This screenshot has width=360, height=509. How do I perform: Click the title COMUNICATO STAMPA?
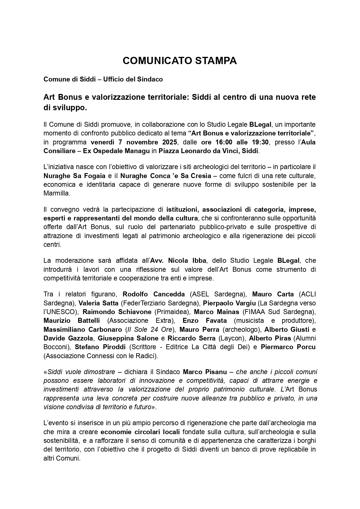point(180,61)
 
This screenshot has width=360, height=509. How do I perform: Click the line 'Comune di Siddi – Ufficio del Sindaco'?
point(103,79)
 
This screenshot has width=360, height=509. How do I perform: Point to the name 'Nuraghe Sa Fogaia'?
point(74,176)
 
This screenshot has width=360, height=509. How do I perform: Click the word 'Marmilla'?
point(57,193)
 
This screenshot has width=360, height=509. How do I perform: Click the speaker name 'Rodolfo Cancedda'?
point(154,294)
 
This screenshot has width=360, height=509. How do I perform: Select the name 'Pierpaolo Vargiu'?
point(229,303)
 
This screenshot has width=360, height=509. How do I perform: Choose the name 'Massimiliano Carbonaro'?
point(83,329)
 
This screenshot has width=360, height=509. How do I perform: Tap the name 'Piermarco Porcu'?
point(288,347)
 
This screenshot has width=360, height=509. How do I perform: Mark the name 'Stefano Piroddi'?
point(100,347)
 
